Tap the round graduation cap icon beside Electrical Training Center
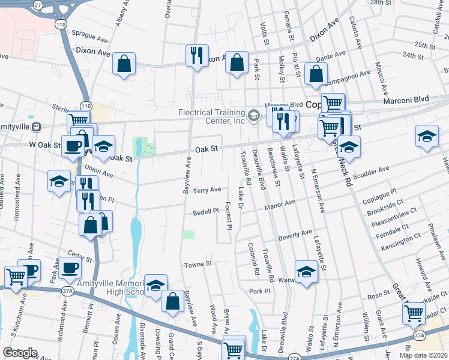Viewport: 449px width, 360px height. click(x=255, y=115)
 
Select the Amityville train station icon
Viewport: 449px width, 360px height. click(x=36, y=127)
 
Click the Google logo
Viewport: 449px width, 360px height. click(x=20, y=353)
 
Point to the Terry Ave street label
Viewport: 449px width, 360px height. click(x=207, y=190)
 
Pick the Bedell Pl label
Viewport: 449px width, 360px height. click(x=206, y=212)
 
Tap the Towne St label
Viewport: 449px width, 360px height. click(x=198, y=264)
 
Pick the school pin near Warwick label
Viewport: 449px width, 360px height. click(x=306, y=272)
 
